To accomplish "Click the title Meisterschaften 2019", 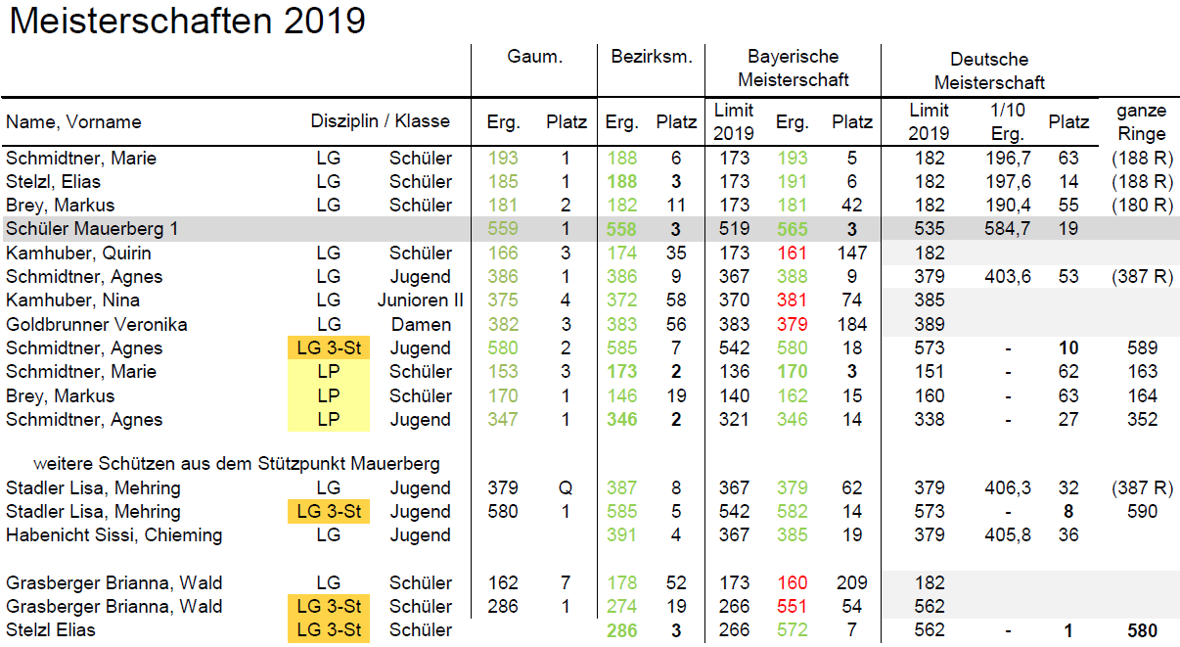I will coord(187,21).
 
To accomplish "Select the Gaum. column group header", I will coord(534,57).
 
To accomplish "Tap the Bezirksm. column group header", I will coord(651,57).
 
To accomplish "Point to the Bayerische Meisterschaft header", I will coord(793,68).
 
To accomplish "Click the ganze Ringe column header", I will coord(1140,122).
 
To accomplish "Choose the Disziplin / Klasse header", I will coord(381,121).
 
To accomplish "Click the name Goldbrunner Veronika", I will coord(97,324).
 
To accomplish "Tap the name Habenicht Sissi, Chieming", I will coord(113,535).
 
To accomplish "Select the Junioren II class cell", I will coord(421,300).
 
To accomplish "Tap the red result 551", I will coord(792,607).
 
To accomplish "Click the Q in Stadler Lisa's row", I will coord(567,487).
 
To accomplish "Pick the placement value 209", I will coord(851,583).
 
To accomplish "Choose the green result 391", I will coord(621,535).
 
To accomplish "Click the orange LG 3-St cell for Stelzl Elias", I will coord(329,630).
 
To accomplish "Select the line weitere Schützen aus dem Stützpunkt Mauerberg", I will coord(236,463).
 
